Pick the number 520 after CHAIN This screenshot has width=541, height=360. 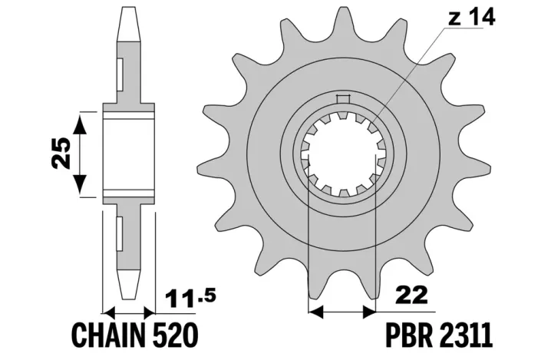[x=175, y=335]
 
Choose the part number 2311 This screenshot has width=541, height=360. [x=466, y=335]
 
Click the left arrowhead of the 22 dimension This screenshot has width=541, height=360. [x=315, y=312]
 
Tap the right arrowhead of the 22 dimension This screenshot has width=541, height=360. [x=368, y=312]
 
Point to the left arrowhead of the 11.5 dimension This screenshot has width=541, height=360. [x=109, y=313]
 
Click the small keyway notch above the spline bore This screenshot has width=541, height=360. [x=343, y=99]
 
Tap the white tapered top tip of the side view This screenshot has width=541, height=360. [x=130, y=24]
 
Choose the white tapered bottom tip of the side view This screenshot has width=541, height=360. [x=130, y=284]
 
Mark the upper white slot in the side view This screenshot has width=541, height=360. [x=120, y=74]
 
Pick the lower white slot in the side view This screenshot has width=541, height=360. [x=120, y=233]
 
